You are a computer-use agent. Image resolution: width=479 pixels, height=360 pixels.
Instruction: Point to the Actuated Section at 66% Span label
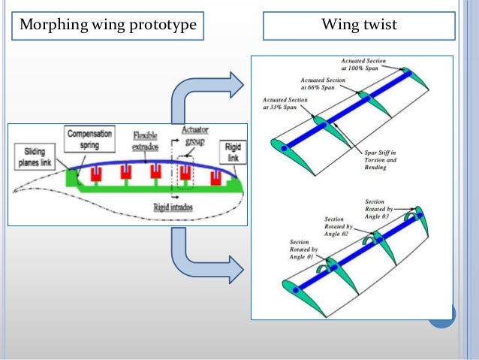[x=325, y=82]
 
